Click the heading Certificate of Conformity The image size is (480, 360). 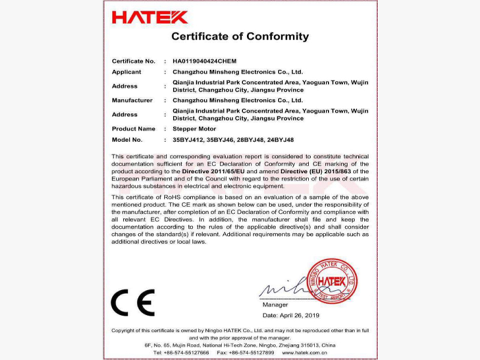(240, 37)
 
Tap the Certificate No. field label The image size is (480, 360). (133, 61)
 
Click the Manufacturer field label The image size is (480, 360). (132, 100)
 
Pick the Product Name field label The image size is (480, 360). (133, 129)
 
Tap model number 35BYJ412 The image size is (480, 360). (187, 140)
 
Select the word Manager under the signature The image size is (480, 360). (276, 305)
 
